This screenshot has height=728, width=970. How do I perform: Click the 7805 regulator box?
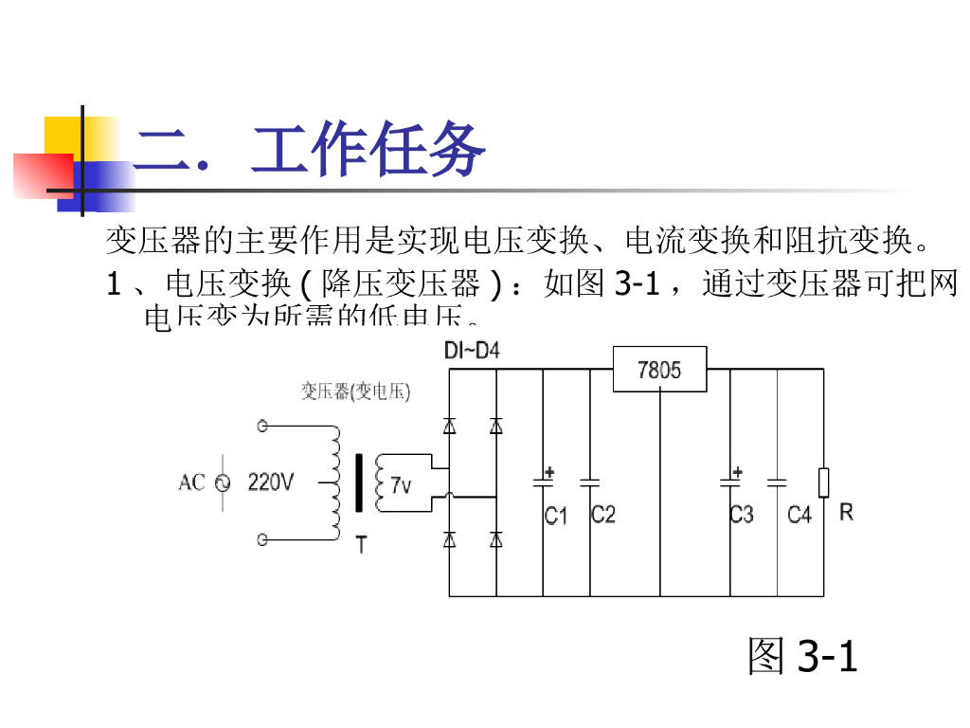pos(659,369)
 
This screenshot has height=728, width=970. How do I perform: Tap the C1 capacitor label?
pos(555,516)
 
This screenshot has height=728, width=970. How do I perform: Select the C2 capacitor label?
pos(603,514)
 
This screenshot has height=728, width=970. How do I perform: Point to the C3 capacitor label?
pos(742,515)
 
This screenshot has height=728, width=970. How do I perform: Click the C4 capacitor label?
pos(799,515)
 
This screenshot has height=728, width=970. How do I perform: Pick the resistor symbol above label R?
pos(823,482)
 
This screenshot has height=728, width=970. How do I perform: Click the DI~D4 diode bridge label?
pos(472,352)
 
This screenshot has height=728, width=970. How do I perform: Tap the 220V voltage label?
pos(271,482)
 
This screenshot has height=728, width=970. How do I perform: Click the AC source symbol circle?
pos(224,483)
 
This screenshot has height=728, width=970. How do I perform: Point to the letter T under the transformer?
pos(361,545)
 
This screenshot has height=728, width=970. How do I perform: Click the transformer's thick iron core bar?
pos(359,482)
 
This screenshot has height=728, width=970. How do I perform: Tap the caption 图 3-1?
pos(802,656)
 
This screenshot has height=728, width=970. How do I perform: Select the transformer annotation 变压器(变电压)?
pos(356,391)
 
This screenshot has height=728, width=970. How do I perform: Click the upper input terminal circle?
pos(262,427)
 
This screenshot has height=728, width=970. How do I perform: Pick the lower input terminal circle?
pos(262,540)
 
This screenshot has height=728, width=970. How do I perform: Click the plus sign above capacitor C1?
pos(548,471)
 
